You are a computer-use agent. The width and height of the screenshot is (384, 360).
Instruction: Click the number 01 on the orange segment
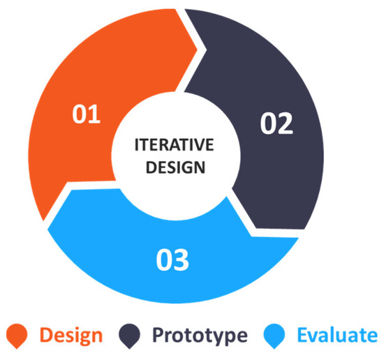pyautogui.click(x=86, y=114)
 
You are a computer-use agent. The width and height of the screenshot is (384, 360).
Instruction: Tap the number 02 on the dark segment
pyautogui.click(x=276, y=123)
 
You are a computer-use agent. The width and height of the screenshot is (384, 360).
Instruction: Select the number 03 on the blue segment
pyautogui.click(x=172, y=260)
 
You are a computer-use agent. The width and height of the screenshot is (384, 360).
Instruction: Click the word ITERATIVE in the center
pyautogui.click(x=174, y=144)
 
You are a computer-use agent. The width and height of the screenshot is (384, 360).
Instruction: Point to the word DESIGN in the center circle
pyautogui.click(x=175, y=167)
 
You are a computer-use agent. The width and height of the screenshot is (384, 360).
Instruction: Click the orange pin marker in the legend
pyautogui.click(x=17, y=336)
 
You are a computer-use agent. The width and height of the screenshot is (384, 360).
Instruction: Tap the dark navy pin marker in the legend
pyautogui.click(x=129, y=336)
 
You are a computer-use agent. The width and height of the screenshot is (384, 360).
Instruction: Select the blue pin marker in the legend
pyautogui.click(x=274, y=336)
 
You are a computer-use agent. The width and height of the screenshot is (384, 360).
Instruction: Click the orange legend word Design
pyautogui.click(x=71, y=336)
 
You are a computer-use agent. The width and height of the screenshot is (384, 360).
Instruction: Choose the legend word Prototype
pyautogui.click(x=200, y=336)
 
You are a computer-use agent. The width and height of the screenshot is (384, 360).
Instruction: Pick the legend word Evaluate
pyautogui.click(x=337, y=335)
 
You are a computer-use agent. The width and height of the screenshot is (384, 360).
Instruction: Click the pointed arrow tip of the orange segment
pyautogui.click(x=198, y=50)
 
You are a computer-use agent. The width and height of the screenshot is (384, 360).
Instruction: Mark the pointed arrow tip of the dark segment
pyautogui.click(x=256, y=228)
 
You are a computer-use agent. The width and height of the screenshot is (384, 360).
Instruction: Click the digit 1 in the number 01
pyautogui.click(x=94, y=114)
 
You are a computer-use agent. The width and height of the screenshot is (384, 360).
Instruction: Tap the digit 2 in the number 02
pyautogui.click(x=286, y=123)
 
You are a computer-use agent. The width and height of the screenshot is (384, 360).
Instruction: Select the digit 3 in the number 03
pyautogui.click(x=182, y=260)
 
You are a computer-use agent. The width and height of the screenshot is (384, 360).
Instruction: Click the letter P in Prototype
pyautogui.click(x=158, y=335)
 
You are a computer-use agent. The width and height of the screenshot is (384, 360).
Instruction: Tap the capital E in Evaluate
pyautogui.click(x=303, y=335)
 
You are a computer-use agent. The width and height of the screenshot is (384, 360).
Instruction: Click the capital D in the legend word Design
pyautogui.click(x=47, y=335)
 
